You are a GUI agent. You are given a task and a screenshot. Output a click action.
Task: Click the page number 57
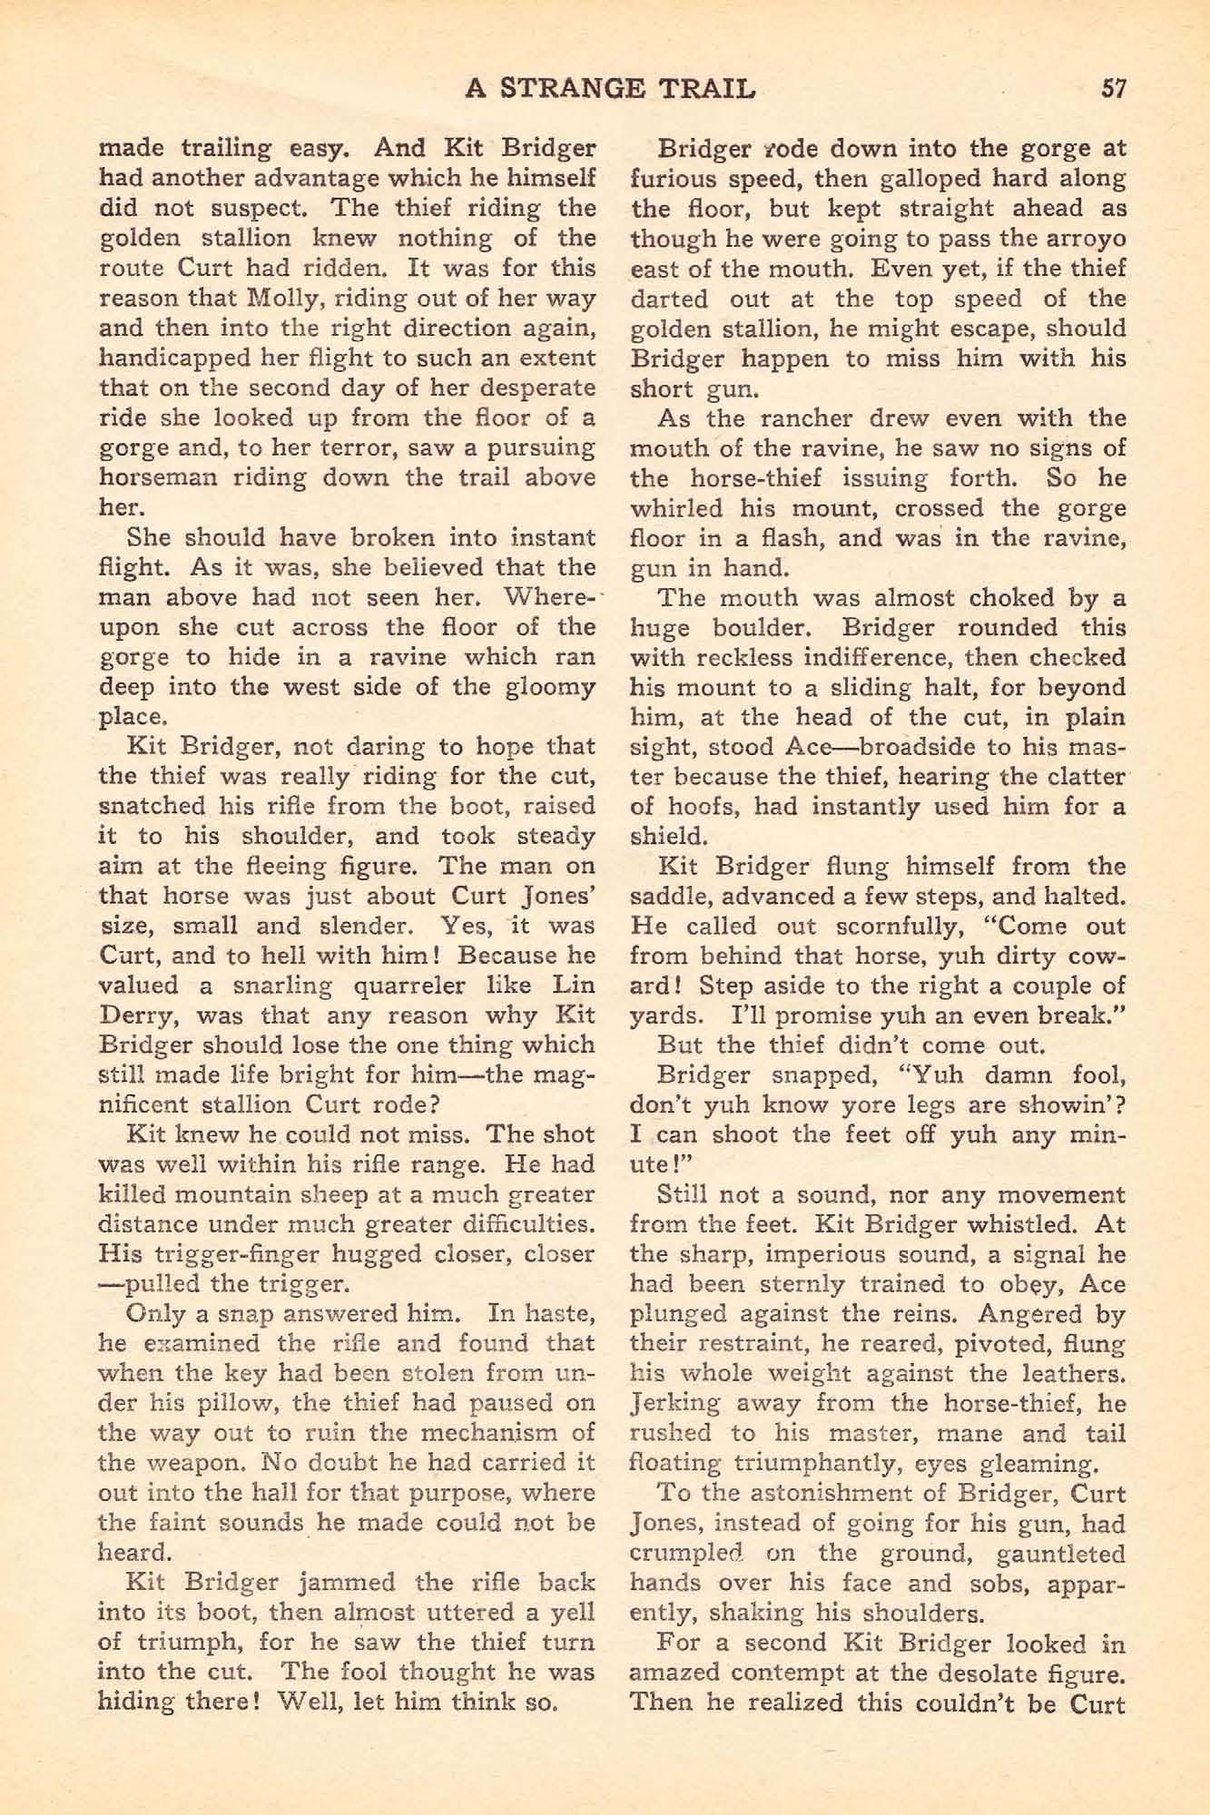[x=1112, y=88]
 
